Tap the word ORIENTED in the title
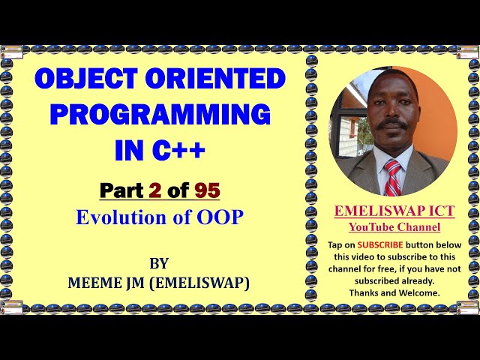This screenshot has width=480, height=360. point(216,79)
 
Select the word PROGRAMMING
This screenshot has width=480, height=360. point(160,115)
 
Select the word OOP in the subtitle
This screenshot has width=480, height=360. point(221,217)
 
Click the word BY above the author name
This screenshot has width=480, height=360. point(159,263)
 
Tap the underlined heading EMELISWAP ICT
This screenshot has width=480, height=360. point(394,212)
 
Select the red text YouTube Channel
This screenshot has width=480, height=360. point(394,227)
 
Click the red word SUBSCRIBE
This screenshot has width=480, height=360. point(379,244)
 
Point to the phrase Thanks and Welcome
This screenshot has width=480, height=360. point(394,292)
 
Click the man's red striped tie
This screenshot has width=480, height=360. point(392,177)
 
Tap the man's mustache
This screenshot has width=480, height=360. point(390,124)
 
